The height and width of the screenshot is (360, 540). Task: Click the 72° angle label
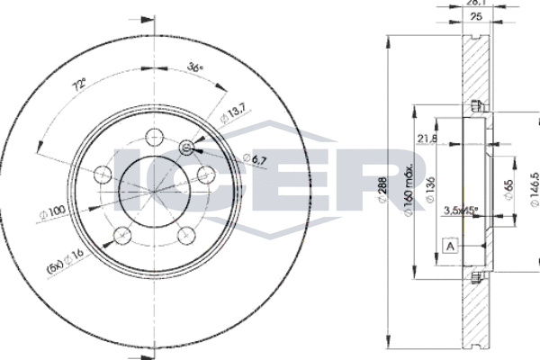(80, 85)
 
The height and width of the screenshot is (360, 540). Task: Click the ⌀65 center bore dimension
(508, 190)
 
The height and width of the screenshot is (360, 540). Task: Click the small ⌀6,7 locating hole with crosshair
(187, 148)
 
